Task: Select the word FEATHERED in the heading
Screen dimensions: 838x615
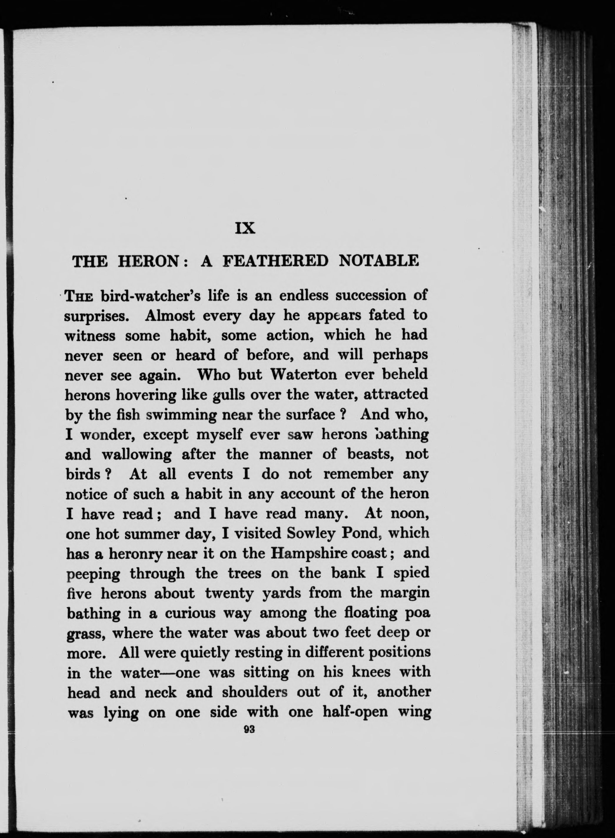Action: click(275, 261)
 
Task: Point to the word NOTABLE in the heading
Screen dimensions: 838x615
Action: click(379, 261)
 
